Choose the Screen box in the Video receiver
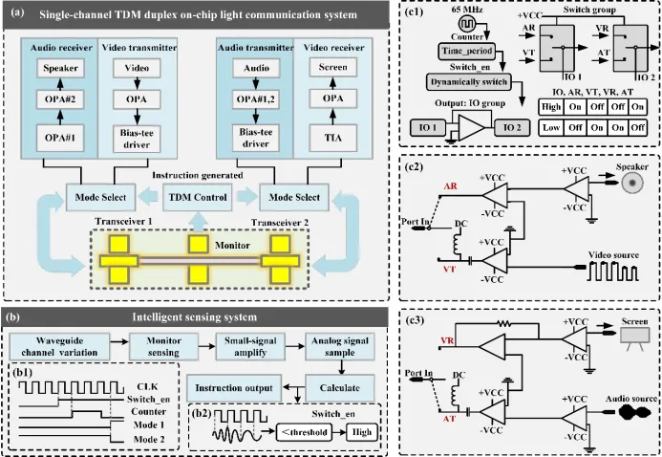point(333,70)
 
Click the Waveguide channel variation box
point(57,344)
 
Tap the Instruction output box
point(231,387)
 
